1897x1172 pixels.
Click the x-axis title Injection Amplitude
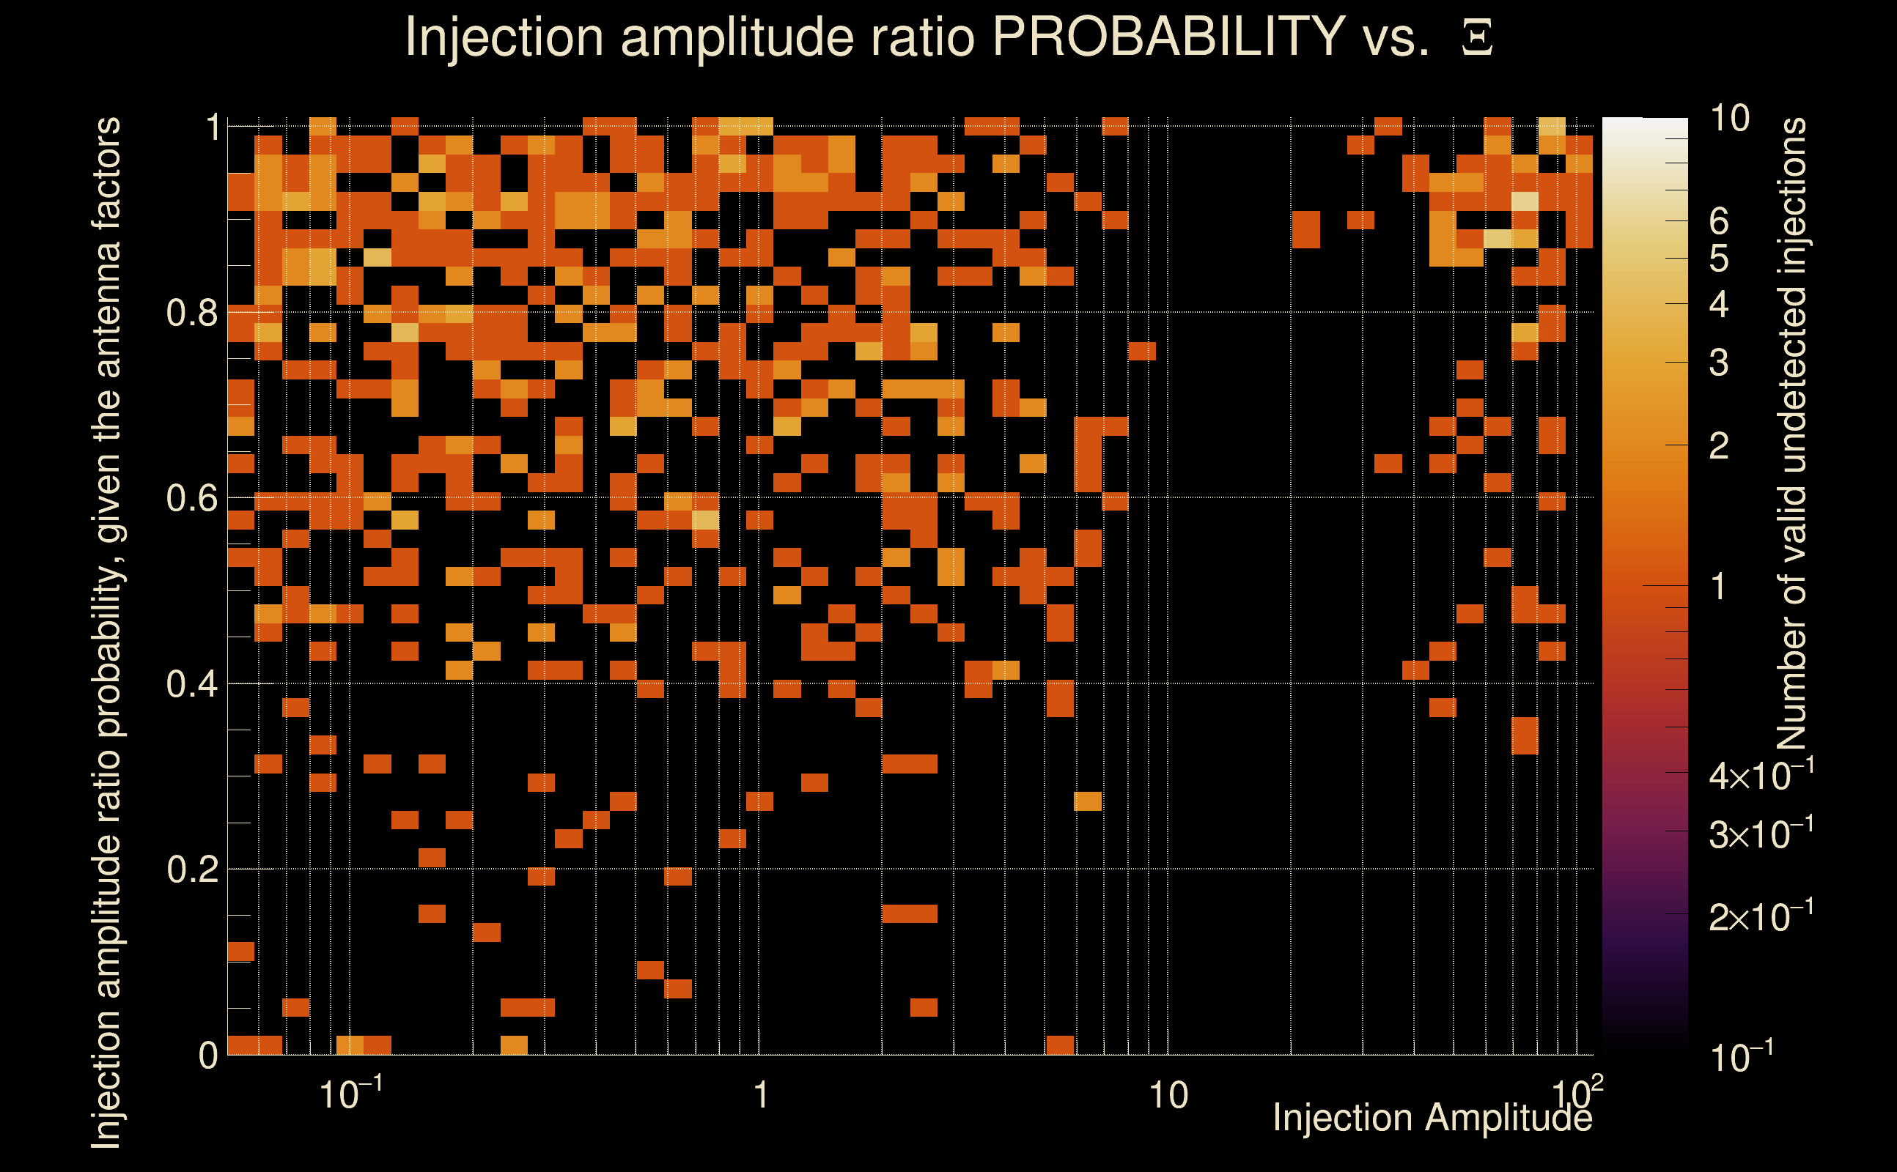[1432, 1118]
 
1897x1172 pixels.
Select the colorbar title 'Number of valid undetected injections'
[1791, 434]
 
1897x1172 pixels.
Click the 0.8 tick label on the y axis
[191, 314]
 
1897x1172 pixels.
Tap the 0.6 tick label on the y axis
[191, 498]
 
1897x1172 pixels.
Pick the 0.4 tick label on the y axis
[191, 684]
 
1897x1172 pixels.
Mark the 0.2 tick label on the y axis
[191, 869]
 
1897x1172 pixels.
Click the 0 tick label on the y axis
[208, 1056]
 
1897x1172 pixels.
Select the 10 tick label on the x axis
[1168, 1096]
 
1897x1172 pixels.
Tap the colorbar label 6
[1719, 222]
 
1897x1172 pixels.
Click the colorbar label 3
[1719, 363]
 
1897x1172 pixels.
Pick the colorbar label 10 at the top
[1729, 119]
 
